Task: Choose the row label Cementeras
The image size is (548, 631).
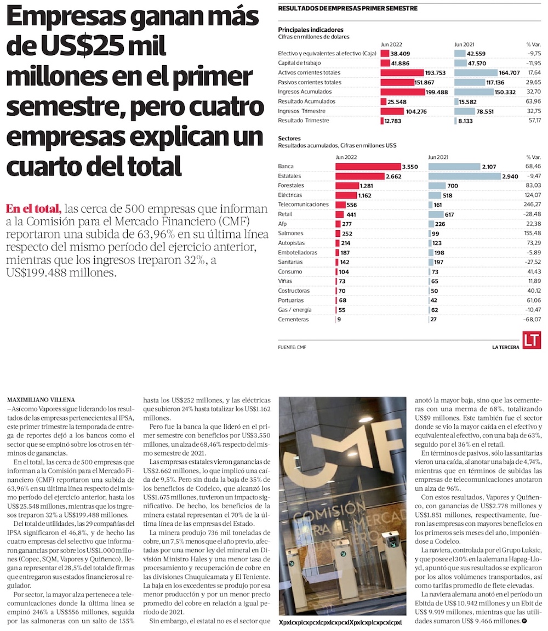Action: [293, 319]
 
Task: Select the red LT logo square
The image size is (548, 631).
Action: [531, 340]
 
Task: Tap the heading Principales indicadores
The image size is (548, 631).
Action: [311, 30]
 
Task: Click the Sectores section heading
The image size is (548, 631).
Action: [289, 139]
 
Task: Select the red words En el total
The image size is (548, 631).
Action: [32, 209]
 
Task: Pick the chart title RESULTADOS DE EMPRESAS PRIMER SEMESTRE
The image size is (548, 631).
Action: [347, 8]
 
